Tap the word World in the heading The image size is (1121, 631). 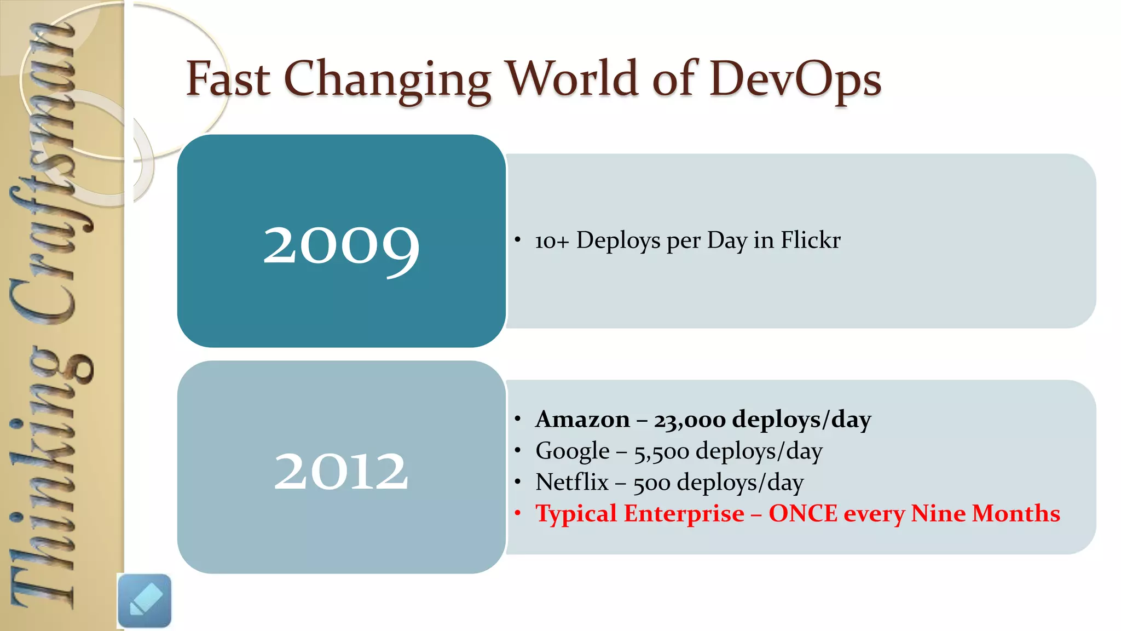(572, 78)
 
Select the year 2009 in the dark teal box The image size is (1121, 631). (341, 246)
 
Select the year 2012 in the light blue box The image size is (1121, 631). (341, 471)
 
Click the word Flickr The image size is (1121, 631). (810, 240)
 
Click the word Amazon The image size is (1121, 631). (582, 420)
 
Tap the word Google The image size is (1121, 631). (572, 451)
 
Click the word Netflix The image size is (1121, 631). (571, 483)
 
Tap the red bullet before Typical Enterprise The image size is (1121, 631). (517, 513)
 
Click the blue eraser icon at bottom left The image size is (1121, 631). (145, 601)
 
